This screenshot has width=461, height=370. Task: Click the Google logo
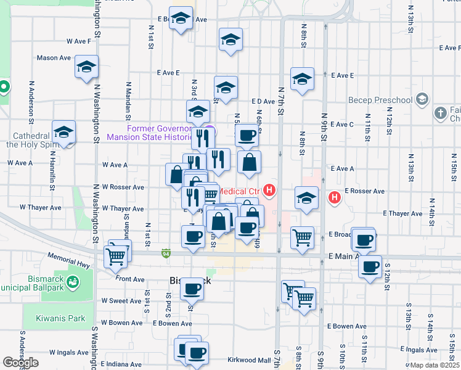click(20, 363)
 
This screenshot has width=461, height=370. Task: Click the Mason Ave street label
click(54, 58)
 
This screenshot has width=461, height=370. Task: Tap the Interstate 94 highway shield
click(166, 253)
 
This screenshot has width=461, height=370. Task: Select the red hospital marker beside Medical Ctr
click(269, 191)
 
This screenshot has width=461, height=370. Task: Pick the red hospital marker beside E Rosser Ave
click(334, 197)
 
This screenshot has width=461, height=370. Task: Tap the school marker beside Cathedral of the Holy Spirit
click(63, 132)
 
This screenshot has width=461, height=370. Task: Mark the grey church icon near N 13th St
click(440, 113)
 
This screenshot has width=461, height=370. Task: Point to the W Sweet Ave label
click(121, 301)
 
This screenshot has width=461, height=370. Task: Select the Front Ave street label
click(129, 279)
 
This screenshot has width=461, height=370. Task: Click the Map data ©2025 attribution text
click(434, 365)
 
